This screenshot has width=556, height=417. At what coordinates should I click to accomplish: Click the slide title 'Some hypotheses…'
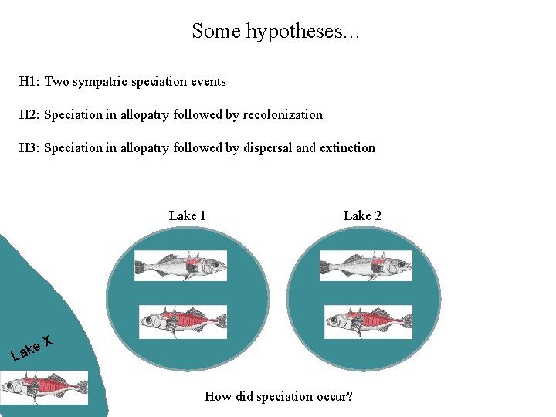tap(277, 32)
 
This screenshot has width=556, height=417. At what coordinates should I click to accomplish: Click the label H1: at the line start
tap(30, 81)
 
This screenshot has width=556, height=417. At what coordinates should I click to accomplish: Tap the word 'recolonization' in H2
tap(283, 114)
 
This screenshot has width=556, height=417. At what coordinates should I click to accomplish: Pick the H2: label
tap(30, 114)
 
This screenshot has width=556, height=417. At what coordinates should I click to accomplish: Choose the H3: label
tap(30, 147)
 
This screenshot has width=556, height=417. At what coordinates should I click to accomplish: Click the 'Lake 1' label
tap(188, 215)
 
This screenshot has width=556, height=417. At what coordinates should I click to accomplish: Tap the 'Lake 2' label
tap(362, 215)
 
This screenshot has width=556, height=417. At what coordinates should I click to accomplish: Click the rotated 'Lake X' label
tap(32, 347)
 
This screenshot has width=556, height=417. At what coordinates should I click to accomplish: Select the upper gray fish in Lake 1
tap(181, 266)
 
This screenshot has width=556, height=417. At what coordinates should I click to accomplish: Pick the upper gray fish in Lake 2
tap(366, 266)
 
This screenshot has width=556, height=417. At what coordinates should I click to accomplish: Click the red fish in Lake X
tap(44, 387)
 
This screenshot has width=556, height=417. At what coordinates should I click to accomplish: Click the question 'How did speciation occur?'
tap(278, 396)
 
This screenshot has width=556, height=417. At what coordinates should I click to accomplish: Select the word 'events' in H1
tap(208, 81)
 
